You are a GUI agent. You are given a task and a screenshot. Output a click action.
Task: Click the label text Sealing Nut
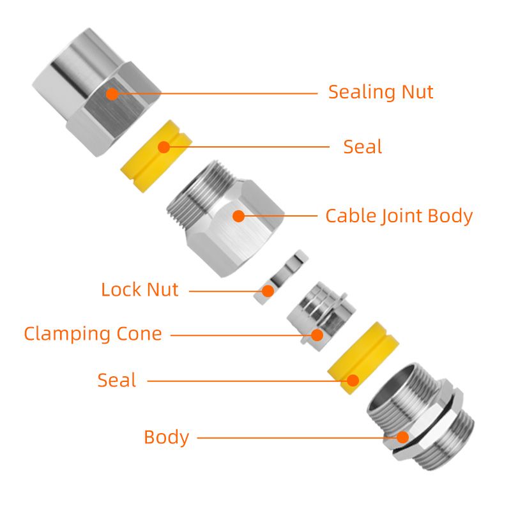(381, 92)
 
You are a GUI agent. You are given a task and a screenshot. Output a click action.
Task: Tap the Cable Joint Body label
(399, 216)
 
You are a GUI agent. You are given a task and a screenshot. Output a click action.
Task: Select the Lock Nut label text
(139, 289)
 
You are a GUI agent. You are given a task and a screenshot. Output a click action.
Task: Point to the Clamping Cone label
(93, 333)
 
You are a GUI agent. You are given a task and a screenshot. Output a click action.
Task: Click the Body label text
(166, 438)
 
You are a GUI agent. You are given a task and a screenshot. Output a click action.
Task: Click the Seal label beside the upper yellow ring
(362, 147)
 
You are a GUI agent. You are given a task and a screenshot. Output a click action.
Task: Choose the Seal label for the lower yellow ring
(117, 380)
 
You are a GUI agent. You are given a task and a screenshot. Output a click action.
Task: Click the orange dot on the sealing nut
(112, 94)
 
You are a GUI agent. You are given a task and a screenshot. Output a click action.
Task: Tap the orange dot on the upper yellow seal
(164, 147)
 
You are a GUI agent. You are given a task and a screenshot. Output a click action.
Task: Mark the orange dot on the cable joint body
(238, 216)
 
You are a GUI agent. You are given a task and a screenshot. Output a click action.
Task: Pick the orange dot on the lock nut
(268, 291)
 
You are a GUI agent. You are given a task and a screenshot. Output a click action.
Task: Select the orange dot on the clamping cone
(316, 334)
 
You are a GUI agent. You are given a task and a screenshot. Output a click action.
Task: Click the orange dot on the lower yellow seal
(352, 381)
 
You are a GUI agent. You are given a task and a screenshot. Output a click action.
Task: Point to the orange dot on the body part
(402, 438)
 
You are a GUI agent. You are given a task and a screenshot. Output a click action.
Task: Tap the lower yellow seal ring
(358, 358)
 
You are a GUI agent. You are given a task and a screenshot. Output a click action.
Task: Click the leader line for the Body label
(294, 438)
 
